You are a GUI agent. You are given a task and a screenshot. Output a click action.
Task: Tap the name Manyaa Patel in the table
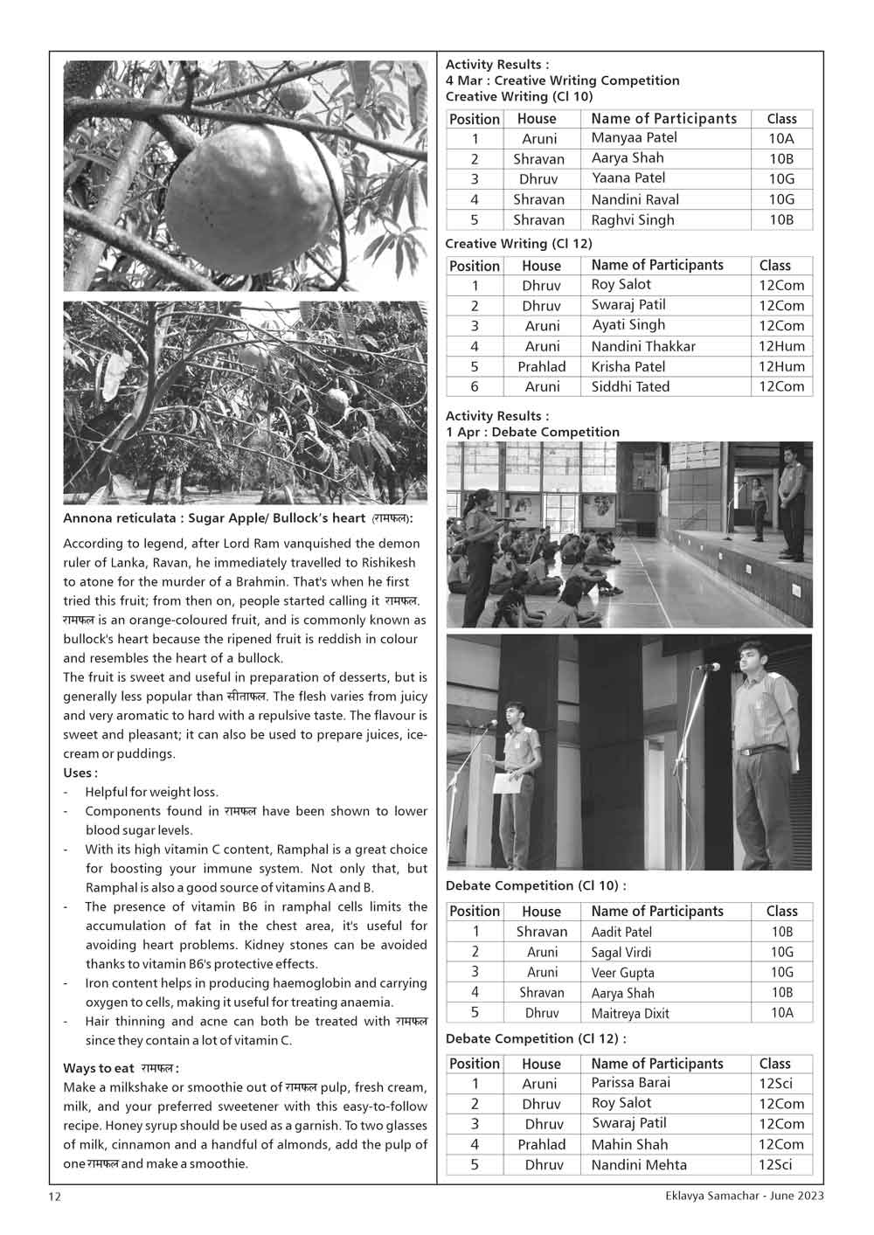point(634,138)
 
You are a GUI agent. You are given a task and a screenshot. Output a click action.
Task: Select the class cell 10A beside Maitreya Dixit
point(781,1013)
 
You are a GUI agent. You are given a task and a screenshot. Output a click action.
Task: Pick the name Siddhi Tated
point(630,386)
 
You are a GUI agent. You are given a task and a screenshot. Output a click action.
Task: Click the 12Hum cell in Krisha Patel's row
point(781,366)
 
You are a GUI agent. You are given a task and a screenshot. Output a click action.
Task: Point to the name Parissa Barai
point(631,1083)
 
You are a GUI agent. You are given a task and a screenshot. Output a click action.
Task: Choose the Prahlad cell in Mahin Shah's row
point(541,1144)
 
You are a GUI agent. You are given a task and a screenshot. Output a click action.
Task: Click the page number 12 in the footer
point(55,1197)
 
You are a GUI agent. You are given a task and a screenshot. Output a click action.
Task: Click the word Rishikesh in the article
point(385,562)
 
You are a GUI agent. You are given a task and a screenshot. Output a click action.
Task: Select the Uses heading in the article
point(80,773)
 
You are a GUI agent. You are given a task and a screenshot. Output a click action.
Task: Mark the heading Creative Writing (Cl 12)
point(518,244)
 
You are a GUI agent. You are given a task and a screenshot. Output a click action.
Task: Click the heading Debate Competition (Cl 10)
point(535,886)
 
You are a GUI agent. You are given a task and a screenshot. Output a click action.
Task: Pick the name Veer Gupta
point(622,973)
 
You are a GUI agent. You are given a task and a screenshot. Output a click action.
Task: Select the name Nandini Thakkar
point(643,346)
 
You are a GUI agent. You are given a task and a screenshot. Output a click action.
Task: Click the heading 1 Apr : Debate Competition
point(532,432)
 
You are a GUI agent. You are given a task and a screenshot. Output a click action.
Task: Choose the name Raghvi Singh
point(633,220)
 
